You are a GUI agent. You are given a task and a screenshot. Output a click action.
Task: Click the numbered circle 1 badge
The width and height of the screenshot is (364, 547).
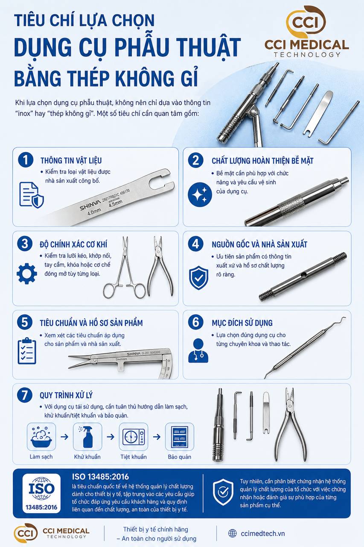pyautogui.click(x=26, y=160)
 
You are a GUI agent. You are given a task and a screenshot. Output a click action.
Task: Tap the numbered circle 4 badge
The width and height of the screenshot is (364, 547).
pyautogui.click(x=196, y=244)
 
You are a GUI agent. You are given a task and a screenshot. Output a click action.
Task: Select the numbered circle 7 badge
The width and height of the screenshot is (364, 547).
pyautogui.click(x=25, y=395)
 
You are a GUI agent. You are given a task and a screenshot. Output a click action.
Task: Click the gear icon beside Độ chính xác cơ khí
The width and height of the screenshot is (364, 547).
pyautogui.click(x=27, y=273)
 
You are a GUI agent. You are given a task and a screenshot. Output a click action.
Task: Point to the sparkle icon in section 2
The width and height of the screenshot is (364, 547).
pyautogui.click(x=200, y=194)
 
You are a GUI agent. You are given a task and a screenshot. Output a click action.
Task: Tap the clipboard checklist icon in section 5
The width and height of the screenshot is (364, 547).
pyautogui.click(x=27, y=351)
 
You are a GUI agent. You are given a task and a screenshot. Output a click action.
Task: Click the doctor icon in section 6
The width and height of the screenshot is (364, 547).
pyautogui.click(x=198, y=350)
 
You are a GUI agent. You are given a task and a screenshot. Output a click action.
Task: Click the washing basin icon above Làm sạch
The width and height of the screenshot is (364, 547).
pyautogui.click(x=41, y=437)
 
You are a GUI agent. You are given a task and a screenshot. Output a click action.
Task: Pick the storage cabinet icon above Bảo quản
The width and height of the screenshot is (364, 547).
pyautogui.click(x=180, y=437)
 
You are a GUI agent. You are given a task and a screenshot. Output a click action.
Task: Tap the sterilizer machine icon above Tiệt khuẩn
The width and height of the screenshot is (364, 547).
pyautogui.click(x=134, y=437)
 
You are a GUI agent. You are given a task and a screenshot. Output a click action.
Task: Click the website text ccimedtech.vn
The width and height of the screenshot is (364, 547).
pyautogui.click(x=263, y=534)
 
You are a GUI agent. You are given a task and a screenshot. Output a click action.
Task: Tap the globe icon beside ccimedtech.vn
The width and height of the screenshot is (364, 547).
pyautogui.click(x=232, y=534)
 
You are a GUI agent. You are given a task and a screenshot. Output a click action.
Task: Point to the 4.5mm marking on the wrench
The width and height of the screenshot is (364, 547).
pyautogui.click(x=116, y=203)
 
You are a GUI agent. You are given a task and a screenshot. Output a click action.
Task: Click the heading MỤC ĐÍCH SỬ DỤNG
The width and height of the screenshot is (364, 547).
pyautogui.click(x=242, y=323)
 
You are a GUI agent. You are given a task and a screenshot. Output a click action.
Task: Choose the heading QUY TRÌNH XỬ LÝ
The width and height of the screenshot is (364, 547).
pyautogui.click(x=66, y=395)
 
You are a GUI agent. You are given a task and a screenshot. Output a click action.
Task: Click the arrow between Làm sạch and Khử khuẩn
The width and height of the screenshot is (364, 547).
pyautogui.click(x=64, y=437)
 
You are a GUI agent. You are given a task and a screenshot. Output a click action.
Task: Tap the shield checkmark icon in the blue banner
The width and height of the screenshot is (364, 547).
pyautogui.click(x=223, y=492)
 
